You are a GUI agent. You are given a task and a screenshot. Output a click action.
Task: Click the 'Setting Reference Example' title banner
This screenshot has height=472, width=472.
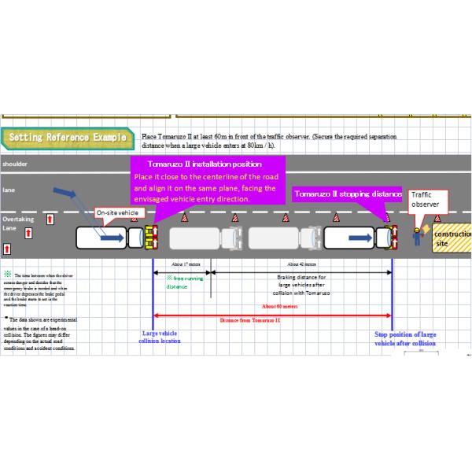click(67, 138)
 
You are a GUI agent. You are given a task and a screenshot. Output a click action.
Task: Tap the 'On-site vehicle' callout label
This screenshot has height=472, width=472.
click(117, 212)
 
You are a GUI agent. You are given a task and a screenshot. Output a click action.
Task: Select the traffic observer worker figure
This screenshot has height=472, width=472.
click(417, 236)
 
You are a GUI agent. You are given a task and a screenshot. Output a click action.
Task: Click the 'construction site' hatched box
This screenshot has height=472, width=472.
click(452, 238)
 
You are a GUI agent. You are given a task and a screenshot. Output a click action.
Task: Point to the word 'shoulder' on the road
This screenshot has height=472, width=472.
click(16, 164)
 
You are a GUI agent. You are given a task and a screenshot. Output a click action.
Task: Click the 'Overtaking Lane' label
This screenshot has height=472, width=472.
click(18, 223)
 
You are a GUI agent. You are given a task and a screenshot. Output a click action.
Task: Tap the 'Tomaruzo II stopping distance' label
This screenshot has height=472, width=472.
click(348, 194)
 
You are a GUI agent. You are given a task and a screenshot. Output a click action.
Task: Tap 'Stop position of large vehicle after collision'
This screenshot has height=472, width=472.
click(405, 338)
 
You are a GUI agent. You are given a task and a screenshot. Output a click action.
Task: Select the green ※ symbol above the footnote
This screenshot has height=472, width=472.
click(8, 274)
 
